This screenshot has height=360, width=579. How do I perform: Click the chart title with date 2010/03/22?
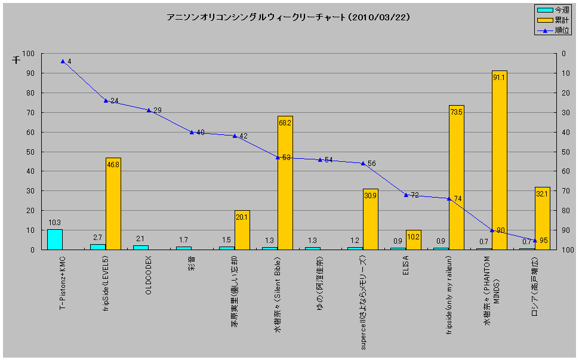click(288, 17)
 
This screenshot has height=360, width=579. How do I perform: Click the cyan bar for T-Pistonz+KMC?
click(55, 239)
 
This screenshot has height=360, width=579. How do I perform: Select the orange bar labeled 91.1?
click(500, 160)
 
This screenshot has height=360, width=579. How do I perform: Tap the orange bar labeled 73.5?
click(457, 177)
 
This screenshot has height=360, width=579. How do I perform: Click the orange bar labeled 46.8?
click(113, 204)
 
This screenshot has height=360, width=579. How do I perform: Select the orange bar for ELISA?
click(414, 239)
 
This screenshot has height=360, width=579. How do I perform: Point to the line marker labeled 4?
click(63, 61)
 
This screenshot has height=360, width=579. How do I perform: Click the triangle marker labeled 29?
click(149, 110)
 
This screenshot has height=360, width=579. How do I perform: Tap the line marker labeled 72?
click(406, 195)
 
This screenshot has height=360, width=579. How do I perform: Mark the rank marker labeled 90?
click(492, 230)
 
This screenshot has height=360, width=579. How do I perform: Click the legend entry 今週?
click(552, 10)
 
